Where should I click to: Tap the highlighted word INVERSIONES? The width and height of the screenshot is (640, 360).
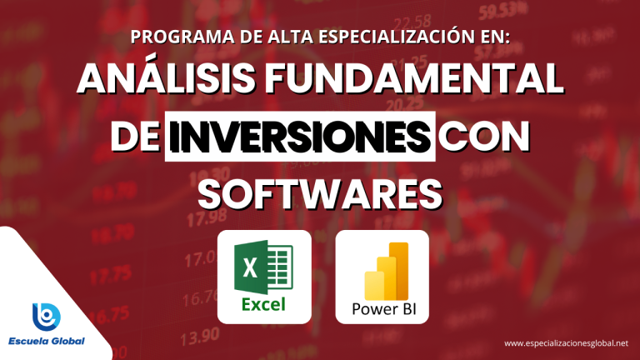[300, 136]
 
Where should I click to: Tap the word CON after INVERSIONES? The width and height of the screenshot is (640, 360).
[484, 136]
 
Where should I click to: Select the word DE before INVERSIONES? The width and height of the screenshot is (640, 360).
[135, 136]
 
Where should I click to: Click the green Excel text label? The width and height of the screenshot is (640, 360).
[263, 304]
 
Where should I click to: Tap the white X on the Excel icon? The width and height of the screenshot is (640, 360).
[250, 267]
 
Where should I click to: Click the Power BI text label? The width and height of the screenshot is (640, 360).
[383, 309]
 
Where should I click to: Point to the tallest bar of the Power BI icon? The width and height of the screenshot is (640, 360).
[398, 271]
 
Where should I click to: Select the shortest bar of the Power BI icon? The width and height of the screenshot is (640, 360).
[374, 285]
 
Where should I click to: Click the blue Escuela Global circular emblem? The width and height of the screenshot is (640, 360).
[47, 317]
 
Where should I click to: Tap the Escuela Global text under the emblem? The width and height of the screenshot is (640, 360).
[47, 341]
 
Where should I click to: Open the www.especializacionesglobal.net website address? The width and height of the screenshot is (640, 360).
[566, 343]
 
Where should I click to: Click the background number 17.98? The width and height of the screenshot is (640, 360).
[207, 217]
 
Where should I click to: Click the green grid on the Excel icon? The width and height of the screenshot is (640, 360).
[280, 267]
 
